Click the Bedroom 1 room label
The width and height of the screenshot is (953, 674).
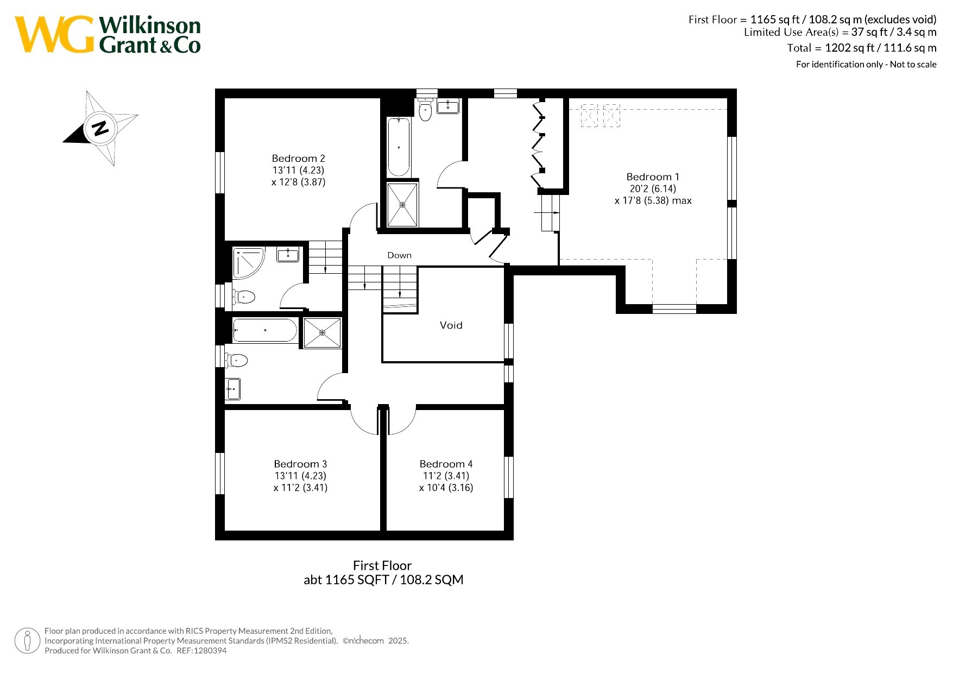tap(653, 177)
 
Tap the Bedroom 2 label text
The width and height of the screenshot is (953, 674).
tap(298, 159)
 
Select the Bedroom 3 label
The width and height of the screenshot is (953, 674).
tap(300, 464)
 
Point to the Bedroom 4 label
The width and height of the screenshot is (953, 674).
tap(446, 464)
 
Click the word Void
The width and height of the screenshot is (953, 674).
tap(451, 325)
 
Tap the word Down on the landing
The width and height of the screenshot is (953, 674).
tap(399, 255)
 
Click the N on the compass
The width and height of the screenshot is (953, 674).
tap(100, 128)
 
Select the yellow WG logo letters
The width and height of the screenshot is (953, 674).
tap(54, 34)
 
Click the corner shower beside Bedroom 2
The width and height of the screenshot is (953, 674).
tap(248, 263)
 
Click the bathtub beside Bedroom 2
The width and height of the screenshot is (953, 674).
tap(399, 147)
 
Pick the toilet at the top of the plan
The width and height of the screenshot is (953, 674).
tap(425, 109)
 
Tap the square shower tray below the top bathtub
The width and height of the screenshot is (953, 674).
tap(402, 205)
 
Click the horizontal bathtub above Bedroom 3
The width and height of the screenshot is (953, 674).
tap(265, 330)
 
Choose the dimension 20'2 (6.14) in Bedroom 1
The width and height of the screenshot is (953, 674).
tap(653, 189)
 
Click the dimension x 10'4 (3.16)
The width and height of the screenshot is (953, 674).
tap(446, 488)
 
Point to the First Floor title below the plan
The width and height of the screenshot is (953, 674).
tap(382, 565)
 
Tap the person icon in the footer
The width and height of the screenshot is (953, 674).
tap(28, 641)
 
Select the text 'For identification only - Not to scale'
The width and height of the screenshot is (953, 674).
tap(866, 65)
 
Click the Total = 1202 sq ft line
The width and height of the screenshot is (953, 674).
tap(862, 48)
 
